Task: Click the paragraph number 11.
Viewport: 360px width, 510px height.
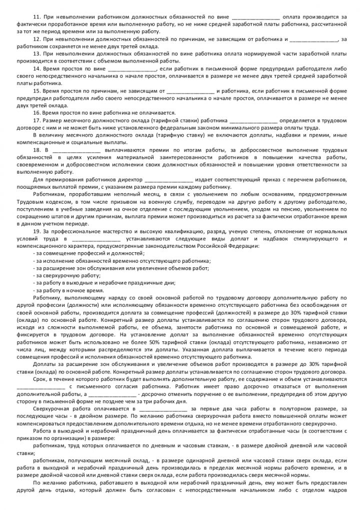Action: click(36, 17)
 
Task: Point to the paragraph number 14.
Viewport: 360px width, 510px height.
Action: click(36, 68)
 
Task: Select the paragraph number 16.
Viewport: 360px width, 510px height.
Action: click(36, 113)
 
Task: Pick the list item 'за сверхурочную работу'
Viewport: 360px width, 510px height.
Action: click(67, 275)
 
